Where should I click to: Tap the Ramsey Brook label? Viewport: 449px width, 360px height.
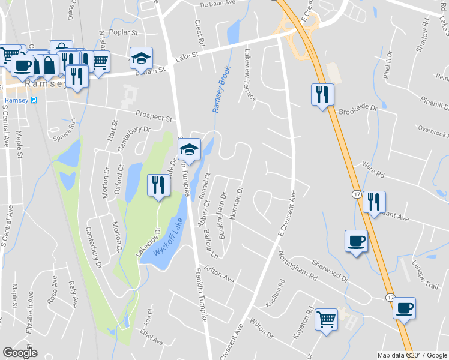click(220, 89)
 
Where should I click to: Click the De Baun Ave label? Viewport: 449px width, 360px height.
click(215, 4)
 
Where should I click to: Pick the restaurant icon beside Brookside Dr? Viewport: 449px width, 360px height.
click(322, 94)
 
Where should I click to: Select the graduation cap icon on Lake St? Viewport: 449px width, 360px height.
click(142, 58)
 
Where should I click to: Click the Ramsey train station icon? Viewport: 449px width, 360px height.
click(34, 100)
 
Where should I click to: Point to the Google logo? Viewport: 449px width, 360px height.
click(20, 352)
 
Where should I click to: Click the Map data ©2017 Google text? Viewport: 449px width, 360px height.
click(412, 355)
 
